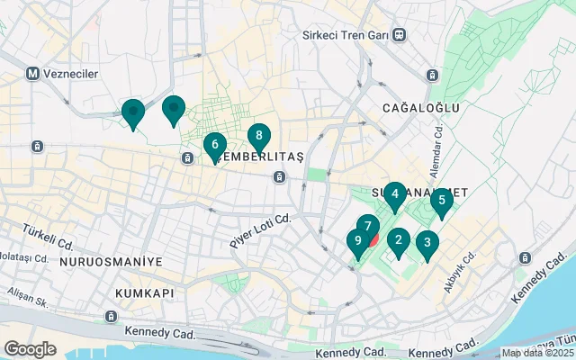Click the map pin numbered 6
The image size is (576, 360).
pyautogui.click(x=214, y=144)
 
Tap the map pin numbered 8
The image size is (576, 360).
pyautogui.click(x=259, y=136)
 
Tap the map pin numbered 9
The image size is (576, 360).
pyautogui.click(x=358, y=241)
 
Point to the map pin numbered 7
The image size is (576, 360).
pyautogui.click(x=367, y=226)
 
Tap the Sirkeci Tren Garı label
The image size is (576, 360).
pyautogui.click(x=346, y=35)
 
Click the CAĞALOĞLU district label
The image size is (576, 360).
pyautogui.click(x=420, y=108)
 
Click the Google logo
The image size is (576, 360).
pyautogui.click(x=30, y=348)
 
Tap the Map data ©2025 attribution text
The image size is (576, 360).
pyautogui.click(x=536, y=354)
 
